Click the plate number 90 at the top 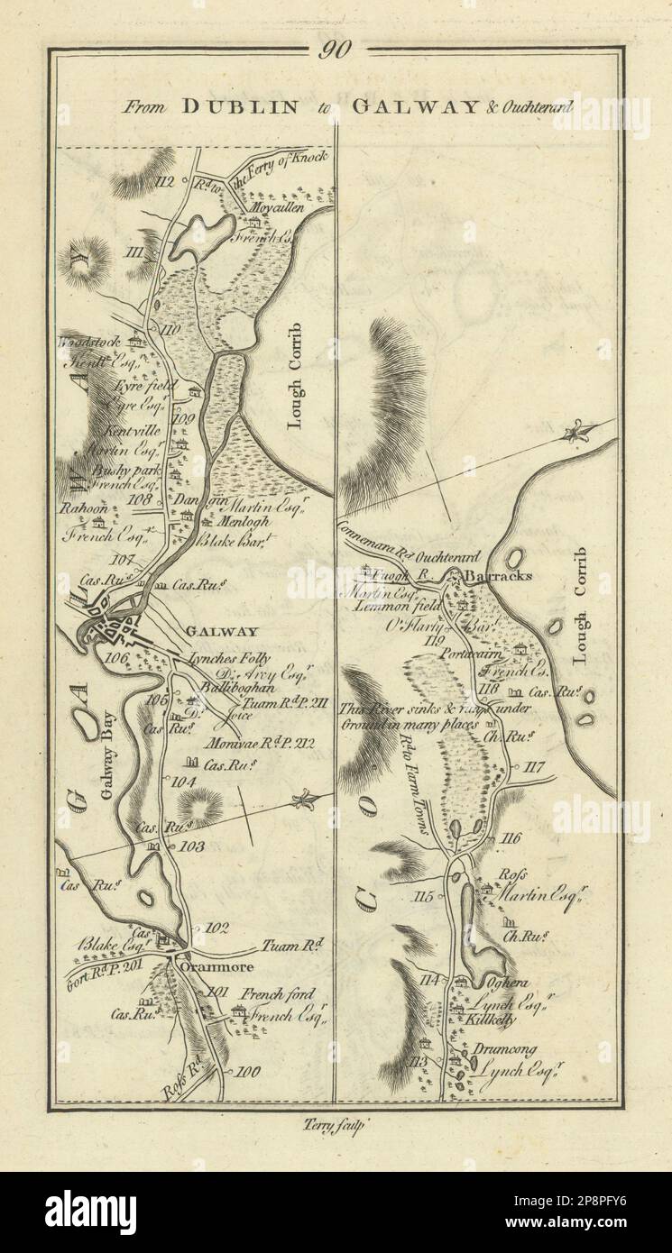[x=335, y=50]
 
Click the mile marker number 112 [x=164, y=182]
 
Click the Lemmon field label [x=410, y=607]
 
